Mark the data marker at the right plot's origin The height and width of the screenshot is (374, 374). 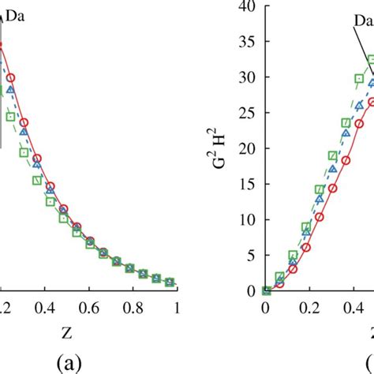[x=266, y=290]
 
